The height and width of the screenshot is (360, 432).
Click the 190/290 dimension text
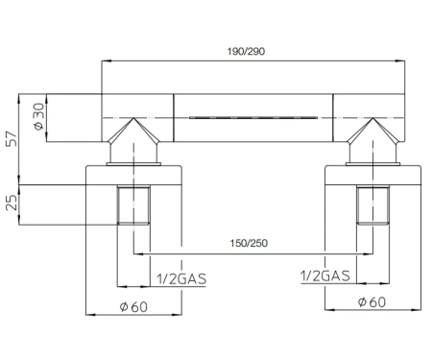pos(246,51)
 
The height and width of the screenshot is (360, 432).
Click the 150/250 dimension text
pos(249,243)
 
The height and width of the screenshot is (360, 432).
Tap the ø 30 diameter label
pos(38,116)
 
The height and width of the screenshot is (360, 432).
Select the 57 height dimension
pos(12,138)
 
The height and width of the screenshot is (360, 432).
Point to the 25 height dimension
pos(12,204)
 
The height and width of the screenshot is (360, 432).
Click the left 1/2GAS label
pos(181,279)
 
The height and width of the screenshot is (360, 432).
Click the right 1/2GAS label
pos(325,276)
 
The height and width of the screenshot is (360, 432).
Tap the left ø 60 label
pos(133,307)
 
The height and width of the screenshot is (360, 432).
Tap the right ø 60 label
pos(372,302)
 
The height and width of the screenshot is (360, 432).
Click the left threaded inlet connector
pos(133,204)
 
